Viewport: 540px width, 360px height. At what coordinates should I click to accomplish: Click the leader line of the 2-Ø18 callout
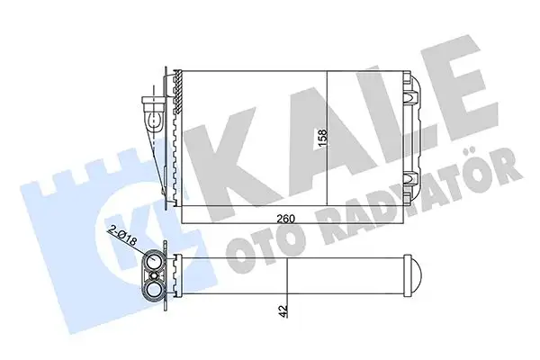coord(138,245)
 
